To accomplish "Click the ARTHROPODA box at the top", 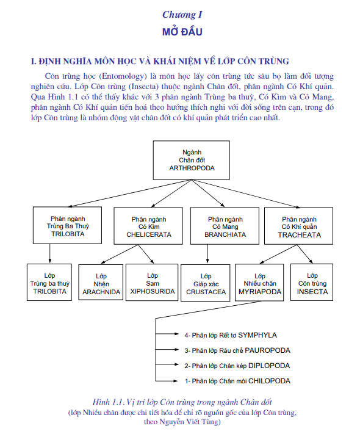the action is click(x=191, y=160).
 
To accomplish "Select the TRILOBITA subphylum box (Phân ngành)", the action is click(x=67, y=225).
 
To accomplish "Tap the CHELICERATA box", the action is click(x=148, y=226).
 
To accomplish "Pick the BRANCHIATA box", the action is click(x=225, y=226).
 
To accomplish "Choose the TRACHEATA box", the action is click(x=298, y=226).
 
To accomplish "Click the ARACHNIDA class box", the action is click(x=101, y=283).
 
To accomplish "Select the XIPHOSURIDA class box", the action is click(x=152, y=283).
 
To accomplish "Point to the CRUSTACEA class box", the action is click(x=205, y=283).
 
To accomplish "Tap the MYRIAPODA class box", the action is click(x=259, y=283).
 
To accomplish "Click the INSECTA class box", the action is click(x=312, y=283).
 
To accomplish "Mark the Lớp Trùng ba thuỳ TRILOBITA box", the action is click(x=49, y=283).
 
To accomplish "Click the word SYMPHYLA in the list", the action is click(x=257, y=335).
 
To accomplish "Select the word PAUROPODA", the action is click(x=268, y=350).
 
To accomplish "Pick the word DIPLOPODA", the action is click(x=269, y=366).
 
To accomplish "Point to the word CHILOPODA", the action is click(x=269, y=381).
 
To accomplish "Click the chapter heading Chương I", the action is click(x=182, y=15).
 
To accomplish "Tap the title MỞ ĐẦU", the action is click(x=182, y=32).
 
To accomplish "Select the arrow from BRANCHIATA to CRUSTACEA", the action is click(x=207, y=253).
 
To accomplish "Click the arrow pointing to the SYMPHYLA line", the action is click(x=167, y=334).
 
